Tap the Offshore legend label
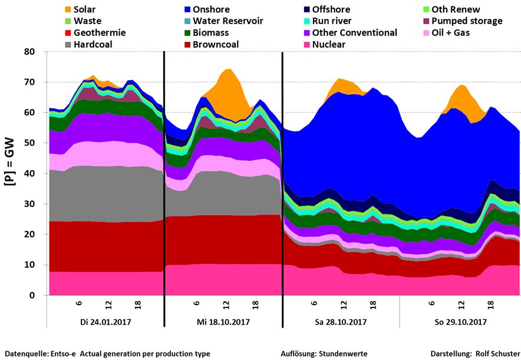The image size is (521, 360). (331, 10)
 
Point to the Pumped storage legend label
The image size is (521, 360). (467, 21)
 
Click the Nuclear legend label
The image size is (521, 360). (329, 44)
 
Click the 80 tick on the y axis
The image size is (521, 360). (32, 52)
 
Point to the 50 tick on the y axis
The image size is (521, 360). (32, 143)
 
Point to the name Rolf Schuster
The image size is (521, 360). (493, 354)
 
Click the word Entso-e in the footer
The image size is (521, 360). (66, 354)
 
